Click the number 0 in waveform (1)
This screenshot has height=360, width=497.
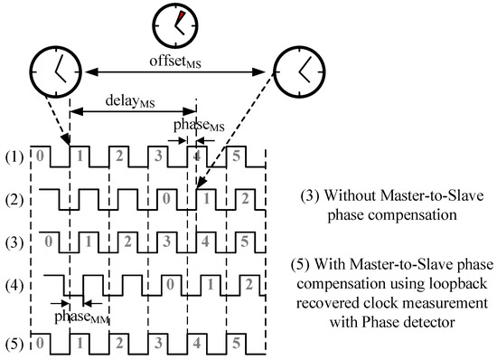tap(38, 155)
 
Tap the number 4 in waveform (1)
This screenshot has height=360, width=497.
tap(196, 155)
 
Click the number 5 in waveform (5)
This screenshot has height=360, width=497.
tap(237, 344)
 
